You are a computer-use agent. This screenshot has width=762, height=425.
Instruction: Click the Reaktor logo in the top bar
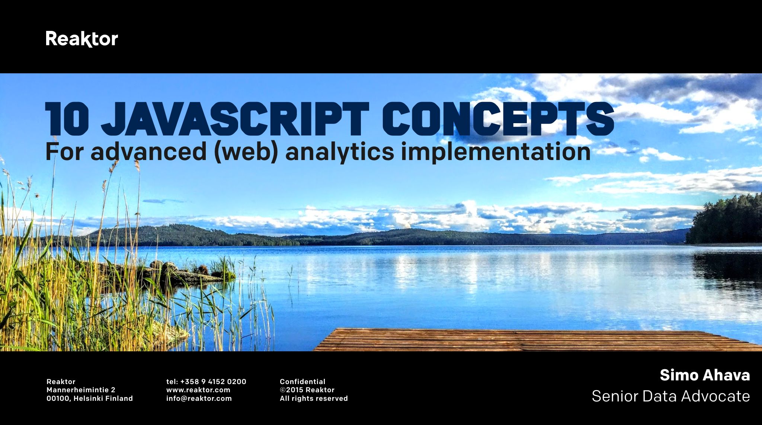click(82, 39)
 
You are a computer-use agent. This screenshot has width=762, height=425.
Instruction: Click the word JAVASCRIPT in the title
click(235, 119)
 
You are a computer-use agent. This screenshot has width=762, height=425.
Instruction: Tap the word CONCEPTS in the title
click(498, 119)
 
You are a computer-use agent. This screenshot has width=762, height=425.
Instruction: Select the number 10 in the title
click(67, 119)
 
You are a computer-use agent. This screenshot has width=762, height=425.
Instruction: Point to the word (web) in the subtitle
click(246, 152)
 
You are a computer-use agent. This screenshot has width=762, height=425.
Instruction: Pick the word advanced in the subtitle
click(148, 151)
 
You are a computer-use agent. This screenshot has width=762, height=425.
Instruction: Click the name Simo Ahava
click(705, 375)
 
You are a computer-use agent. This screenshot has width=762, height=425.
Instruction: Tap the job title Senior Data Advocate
click(671, 396)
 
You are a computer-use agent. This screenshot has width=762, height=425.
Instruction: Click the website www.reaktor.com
click(198, 390)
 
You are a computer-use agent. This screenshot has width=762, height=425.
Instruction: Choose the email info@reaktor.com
click(199, 399)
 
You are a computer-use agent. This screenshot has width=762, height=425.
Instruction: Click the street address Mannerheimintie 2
click(81, 390)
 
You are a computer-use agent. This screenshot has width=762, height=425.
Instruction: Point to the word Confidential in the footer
click(302, 381)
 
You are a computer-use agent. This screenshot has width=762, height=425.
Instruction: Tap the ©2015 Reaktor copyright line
click(307, 390)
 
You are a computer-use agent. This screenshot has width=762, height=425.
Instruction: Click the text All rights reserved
click(314, 399)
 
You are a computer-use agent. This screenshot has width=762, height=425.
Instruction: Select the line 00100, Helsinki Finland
click(90, 399)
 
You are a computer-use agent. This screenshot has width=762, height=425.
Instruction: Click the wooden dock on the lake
click(536, 339)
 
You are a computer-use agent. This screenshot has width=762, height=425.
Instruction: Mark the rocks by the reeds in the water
click(179, 271)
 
